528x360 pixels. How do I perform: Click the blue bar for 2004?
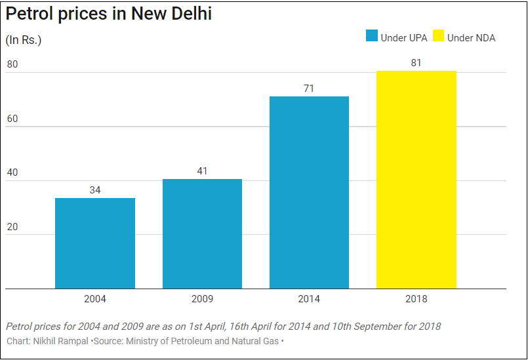[95, 243]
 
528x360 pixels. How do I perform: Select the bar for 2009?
[202, 233]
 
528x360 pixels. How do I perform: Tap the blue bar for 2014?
[309, 192]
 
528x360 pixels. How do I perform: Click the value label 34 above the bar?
[95, 190]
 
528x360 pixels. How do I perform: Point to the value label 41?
[202, 171]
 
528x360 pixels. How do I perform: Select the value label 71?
[309, 88]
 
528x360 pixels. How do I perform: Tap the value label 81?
[416, 63]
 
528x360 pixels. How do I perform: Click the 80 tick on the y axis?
[12, 64]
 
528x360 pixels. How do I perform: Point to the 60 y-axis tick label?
[12, 118]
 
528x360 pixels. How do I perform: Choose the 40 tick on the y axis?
[12, 172]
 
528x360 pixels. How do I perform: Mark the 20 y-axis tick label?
[12, 226]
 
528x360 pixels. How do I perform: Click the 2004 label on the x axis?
[95, 299]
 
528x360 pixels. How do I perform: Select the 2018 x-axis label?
[416, 299]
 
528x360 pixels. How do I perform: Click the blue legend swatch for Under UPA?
[371, 37]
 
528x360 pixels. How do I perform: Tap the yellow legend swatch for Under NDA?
[438, 37]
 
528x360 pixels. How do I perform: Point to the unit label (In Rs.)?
[24, 40]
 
